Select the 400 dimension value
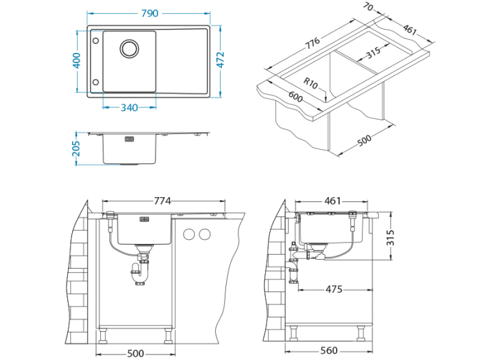(77, 60)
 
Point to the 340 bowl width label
(129, 107)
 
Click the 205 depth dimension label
(77, 148)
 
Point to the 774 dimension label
(163, 201)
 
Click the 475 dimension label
(334, 289)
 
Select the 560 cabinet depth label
(329, 351)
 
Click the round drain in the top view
(129, 48)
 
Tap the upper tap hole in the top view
(95, 41)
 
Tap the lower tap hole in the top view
(95, 81)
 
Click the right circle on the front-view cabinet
(203, 234)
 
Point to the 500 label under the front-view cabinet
(135, 353)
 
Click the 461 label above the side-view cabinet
(332, 201)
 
